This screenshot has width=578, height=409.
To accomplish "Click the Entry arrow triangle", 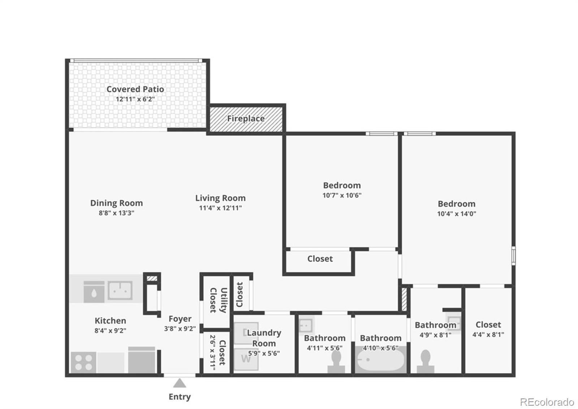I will (x=179, y=383).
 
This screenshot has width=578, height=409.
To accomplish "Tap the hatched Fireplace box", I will (x=246, y=119).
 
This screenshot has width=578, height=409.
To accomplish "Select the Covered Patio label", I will (x=135, y=89).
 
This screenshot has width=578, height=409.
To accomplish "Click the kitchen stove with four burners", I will (x=83, y=362).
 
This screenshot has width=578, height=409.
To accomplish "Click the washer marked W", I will (x=246, y=359).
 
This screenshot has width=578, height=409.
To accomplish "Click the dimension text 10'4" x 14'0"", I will (x=457, y=214).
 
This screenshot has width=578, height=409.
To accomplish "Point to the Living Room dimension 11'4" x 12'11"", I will (x=220, y=208).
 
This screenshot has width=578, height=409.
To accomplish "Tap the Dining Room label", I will (x=116, y=203).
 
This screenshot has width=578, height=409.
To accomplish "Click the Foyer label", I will (x=180, y=319).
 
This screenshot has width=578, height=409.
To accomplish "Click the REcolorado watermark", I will (x=547, y=402).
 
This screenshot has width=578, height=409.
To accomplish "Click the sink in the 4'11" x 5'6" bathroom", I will (x=306, y=323).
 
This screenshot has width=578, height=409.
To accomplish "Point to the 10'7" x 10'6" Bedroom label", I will (x=342, y=186).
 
